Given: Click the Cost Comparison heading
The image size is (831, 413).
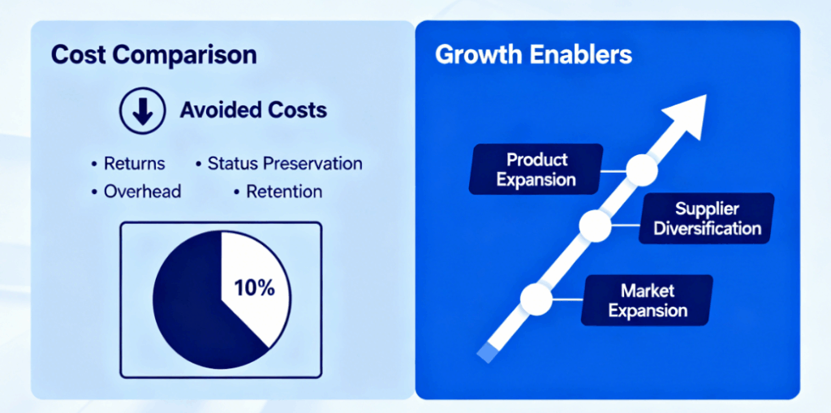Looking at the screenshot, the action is (153, 56).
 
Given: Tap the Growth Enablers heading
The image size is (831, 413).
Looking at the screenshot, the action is (534, 54).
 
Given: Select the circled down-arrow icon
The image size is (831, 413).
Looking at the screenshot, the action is (143, 110).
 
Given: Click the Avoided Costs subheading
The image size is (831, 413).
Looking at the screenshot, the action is (253, 110).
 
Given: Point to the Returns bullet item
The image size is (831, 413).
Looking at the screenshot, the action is (128, 163).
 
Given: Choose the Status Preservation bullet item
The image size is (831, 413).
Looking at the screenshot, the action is (279, 163).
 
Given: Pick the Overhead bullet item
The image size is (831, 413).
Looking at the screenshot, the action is (136, 191).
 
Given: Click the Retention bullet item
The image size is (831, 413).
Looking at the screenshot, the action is (278, 191).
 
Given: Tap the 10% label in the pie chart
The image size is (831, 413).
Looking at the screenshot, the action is (254, 288).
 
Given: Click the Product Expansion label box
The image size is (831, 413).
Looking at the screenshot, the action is (536, 169).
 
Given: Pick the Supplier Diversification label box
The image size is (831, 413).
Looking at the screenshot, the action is (707, 218).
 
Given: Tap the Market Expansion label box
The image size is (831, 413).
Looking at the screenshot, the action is (647, 300).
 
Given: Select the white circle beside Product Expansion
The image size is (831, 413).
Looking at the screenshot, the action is (642, 170).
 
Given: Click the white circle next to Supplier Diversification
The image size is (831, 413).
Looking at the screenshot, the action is (595, 226).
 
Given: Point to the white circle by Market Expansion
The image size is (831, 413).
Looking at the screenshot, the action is (536, 299).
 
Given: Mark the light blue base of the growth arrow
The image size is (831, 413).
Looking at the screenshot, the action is (488, 353).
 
